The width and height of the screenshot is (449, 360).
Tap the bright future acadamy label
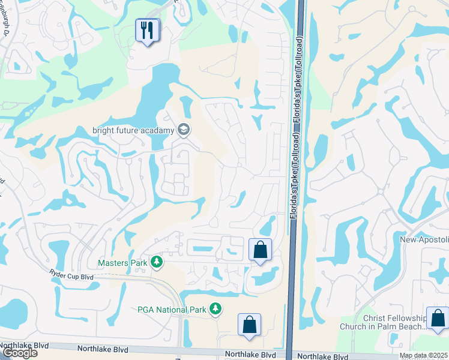[x=133, y=130]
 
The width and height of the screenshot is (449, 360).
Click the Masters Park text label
[x=122, y=262]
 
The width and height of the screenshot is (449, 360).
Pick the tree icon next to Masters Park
[x=157, y=262]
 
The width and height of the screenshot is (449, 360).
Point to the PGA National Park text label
[x=170, y=310]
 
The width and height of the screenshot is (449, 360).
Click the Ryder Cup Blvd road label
[x=71, y=275]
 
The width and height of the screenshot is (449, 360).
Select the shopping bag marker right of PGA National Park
[x=249, y=325]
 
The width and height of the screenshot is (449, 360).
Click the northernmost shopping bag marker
[x=260, y=250]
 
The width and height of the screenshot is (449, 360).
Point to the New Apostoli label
[x=424, y=239]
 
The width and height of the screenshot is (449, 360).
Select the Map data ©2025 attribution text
[x=424, y=355]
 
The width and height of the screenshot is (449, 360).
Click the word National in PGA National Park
[x=170, y=310]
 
